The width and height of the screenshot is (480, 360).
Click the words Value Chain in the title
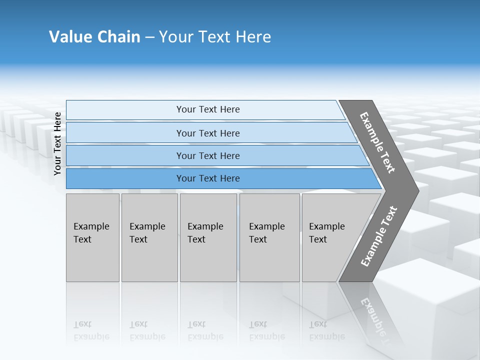(94, 37)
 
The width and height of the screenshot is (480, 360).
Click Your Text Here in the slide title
(215, 37)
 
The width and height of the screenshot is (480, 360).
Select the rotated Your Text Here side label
(58, 143)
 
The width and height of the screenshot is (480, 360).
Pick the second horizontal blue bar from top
(207, 133)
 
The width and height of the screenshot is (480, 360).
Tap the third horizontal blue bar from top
(207, 155)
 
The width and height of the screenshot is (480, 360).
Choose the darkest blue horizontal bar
(207, 178)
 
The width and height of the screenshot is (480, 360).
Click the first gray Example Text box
(92, 237)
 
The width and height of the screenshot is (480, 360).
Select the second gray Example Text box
(149, 237)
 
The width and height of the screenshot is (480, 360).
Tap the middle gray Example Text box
(208, 237)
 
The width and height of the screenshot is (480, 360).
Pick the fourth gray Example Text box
(269, 237)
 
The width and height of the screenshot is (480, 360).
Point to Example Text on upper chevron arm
(378, 142)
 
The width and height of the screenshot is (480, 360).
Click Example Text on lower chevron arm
(379, 236)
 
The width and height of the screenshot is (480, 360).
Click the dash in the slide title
(149, 37)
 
